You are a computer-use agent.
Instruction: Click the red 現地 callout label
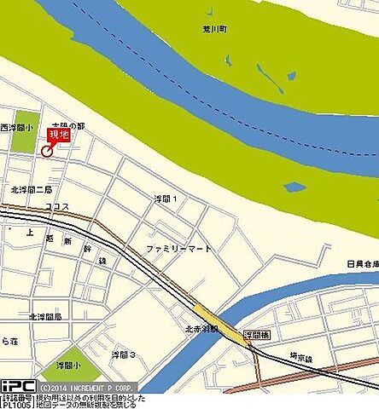pyautogui.click(x=59, y=134)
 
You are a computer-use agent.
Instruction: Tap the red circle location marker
pyautogui.click(x=46, y=151)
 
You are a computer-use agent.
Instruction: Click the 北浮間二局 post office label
pyautogui.click(x=32, y=188)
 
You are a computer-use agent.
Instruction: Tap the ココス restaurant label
pyautogui.click(x=57, y=206)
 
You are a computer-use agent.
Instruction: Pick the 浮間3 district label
pyautogui.click(x=125, y=354)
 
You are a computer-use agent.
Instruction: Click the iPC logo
pyautogui.click(x=17, y=385)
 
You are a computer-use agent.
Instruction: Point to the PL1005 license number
pyautogui.click(x=16, y=404)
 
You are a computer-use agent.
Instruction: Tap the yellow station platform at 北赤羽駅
pyautogui.click(x=220, y=323)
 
